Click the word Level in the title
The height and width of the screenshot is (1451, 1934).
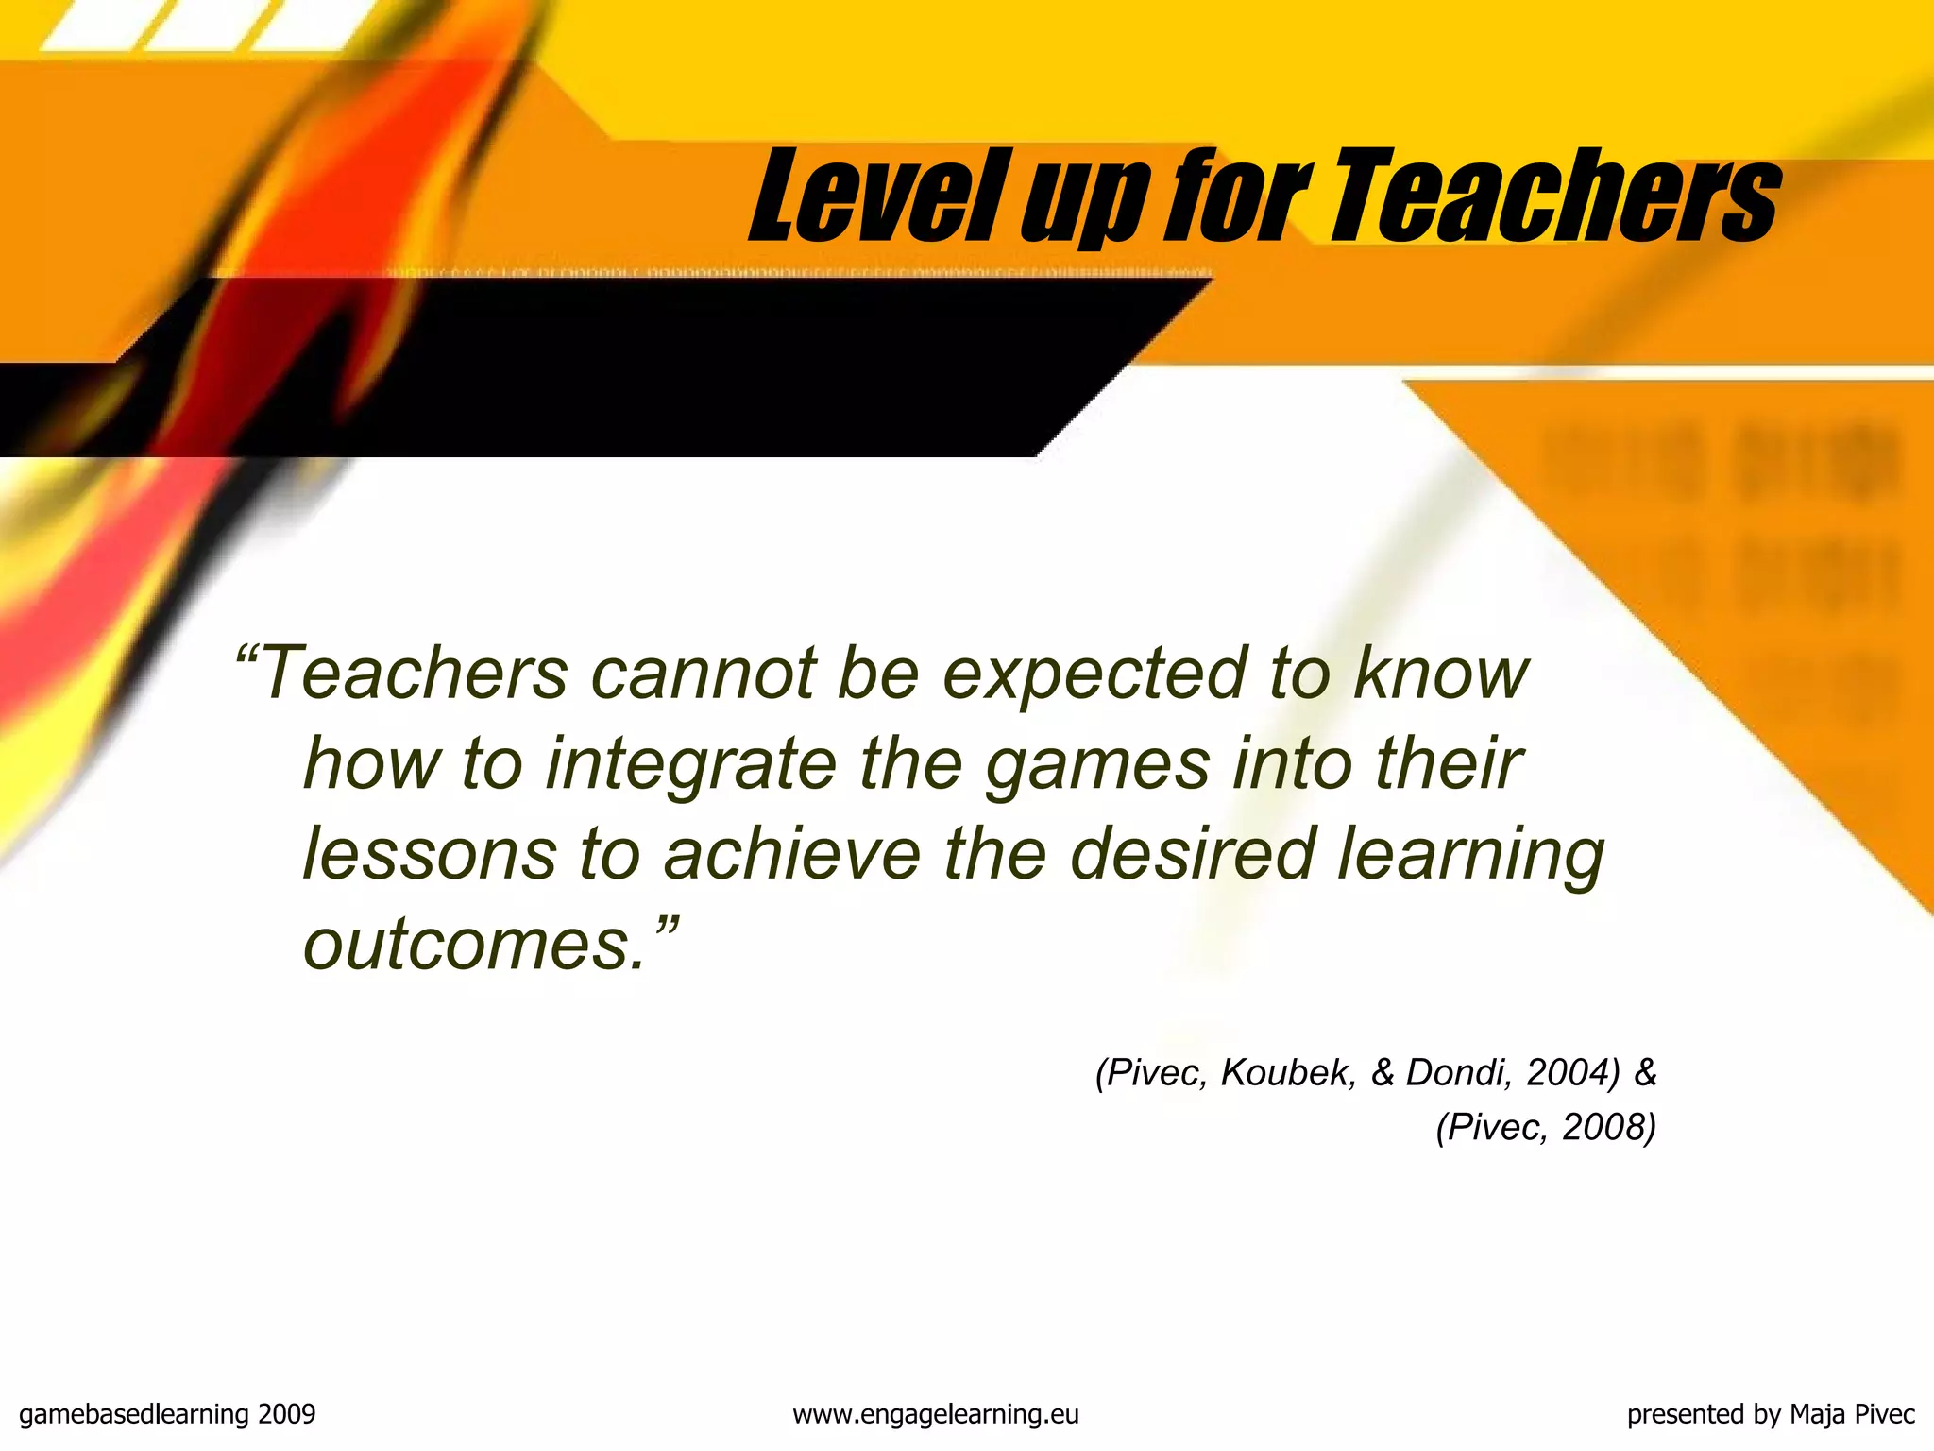pyautogui.click(x=873, y=198)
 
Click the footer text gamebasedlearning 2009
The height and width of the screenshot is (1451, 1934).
pyautogui.click(x=167, y=1414)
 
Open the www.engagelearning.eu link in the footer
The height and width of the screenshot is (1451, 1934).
pyautogui.click(x=935, y=1414)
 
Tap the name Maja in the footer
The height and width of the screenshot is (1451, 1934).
pyautogui.click(x=1818, y=1414)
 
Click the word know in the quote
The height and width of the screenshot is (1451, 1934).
pyautogui.click(x=1440, y=674)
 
